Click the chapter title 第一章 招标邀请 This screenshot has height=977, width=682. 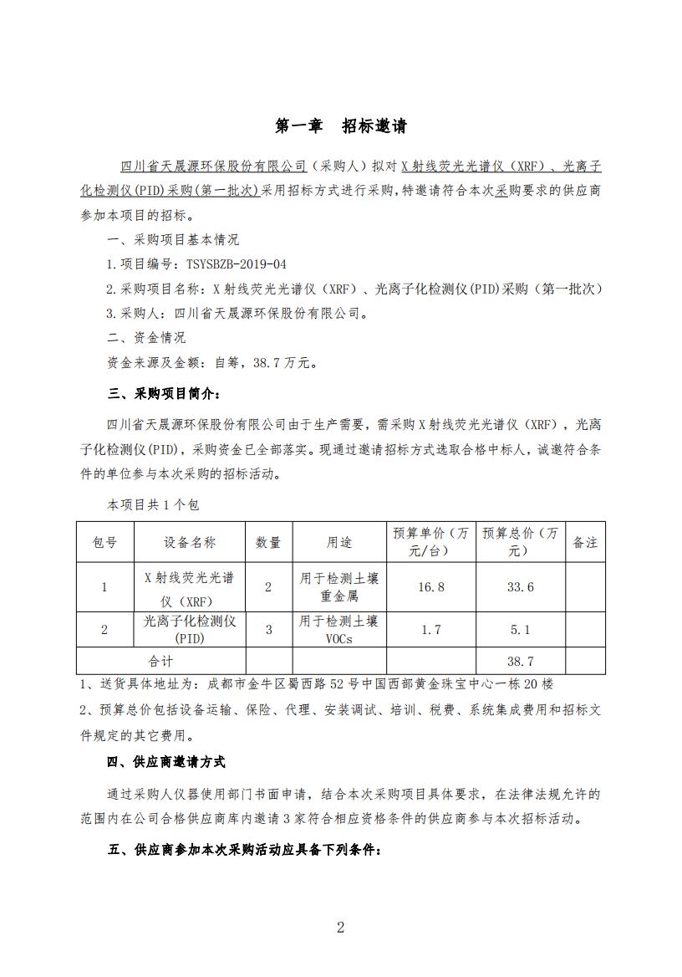(341, 127)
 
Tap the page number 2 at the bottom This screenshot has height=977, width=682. (340, 927)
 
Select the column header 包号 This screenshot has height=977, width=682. (104, 543)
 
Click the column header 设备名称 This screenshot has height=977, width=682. (190, 543)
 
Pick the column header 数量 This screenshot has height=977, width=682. (268, 543)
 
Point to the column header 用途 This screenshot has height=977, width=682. (338, 543)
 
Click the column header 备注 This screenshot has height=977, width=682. (585, 543)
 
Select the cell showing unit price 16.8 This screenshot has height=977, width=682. (431, 587)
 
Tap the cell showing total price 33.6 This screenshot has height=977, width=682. (520, 587)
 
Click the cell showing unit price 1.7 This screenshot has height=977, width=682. (431, 630)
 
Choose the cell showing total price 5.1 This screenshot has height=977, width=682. (520, 630)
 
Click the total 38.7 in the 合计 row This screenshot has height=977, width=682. (520, 661)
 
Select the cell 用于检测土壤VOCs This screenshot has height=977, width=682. (338, 630)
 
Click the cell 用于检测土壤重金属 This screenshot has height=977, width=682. (338, 587)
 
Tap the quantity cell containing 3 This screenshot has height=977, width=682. (268, 630)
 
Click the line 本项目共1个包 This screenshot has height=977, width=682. (152, 505)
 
